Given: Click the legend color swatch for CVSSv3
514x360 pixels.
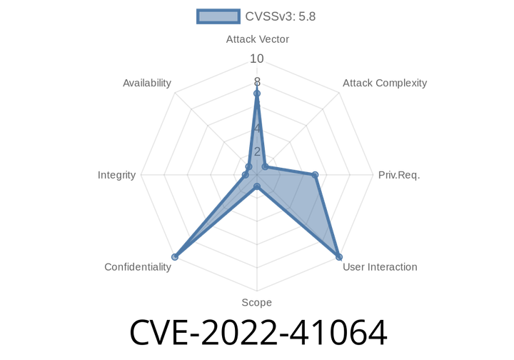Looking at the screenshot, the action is point(218,16).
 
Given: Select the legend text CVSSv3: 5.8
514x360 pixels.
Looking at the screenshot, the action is point(281,16).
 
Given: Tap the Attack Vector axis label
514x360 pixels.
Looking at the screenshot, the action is point(257,39).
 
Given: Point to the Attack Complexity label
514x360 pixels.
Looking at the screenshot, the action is point(385,83).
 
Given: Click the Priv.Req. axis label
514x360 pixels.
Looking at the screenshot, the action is point(399,175).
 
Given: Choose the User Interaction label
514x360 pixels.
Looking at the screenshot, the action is point(380,267).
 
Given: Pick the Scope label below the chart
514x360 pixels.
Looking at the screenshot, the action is point(257,302).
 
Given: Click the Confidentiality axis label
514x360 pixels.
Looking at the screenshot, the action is point(138,267).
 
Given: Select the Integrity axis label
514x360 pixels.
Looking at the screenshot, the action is point(116,175).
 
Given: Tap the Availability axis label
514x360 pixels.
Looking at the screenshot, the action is point(147,83).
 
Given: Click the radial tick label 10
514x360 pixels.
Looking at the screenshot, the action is point(257,59).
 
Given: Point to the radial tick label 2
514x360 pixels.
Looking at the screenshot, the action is point(257,151).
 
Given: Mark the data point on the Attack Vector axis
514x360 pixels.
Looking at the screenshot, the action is point(257,94).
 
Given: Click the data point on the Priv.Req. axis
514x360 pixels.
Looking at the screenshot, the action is point(315,175).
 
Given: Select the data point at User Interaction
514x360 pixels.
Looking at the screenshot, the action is point(339,256).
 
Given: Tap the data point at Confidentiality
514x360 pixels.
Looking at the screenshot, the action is point(175,256).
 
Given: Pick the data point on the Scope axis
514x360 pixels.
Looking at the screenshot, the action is point(257,187).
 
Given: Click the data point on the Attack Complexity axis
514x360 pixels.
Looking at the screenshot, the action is point(265,167).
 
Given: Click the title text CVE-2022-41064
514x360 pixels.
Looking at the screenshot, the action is point(258,333).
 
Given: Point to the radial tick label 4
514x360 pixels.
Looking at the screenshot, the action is point(257,128).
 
